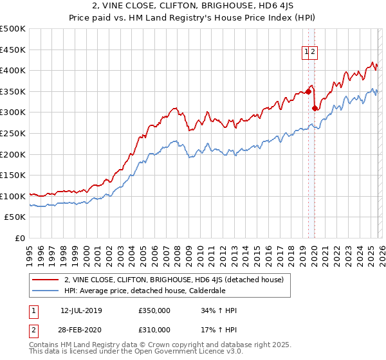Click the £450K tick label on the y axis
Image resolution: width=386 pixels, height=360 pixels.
click(13, 50)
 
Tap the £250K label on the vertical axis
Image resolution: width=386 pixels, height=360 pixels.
click(13, 133)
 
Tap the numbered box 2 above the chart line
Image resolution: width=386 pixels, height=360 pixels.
click(313, 53)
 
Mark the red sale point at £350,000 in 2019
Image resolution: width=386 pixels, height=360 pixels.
click(308, 91)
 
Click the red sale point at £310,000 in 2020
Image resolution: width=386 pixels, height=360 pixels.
click(315, 108)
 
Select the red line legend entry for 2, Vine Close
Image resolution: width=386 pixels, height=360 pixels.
click(177, 279)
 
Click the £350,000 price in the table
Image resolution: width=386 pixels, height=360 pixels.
click(154, 310)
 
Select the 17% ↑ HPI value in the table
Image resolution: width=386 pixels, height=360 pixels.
click(219, 330)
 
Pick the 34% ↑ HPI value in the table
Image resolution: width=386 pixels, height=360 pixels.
click(219, 310)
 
